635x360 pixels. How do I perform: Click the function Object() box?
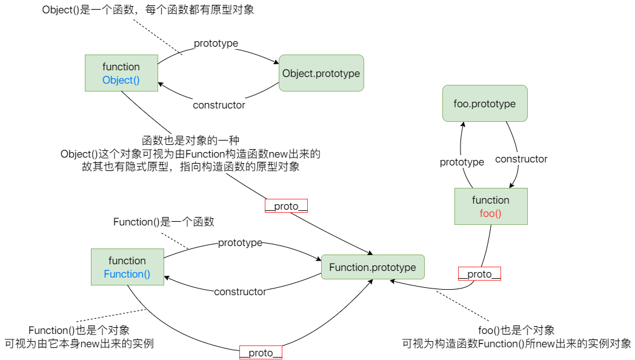(121, 73)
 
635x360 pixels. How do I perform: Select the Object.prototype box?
(321, 73)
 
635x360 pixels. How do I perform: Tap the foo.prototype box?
(484, 104)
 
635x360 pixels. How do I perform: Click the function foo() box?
(491, 206)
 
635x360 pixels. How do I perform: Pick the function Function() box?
(127, 267)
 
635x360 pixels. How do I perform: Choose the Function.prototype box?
(373, 267)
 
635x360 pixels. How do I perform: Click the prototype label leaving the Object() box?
(216, 44)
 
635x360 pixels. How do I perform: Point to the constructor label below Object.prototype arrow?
(219, 105)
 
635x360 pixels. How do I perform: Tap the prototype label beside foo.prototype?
(462, 162)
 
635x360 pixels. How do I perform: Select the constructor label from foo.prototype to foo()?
(521, 159)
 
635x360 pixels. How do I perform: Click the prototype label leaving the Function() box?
(240, 242)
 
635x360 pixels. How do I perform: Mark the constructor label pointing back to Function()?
(240, 292)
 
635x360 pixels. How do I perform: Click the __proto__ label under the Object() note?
(287, 206)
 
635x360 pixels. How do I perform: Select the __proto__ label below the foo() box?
(479, 274)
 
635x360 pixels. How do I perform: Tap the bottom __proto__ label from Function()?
(261, 353)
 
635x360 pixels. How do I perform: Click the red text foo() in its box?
(491, 213)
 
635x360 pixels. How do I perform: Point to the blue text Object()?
(121, 80)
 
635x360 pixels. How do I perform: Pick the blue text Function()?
(127, 274)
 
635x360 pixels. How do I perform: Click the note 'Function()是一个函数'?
(164, 222)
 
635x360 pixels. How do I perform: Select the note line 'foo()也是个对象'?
(516, 330)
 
